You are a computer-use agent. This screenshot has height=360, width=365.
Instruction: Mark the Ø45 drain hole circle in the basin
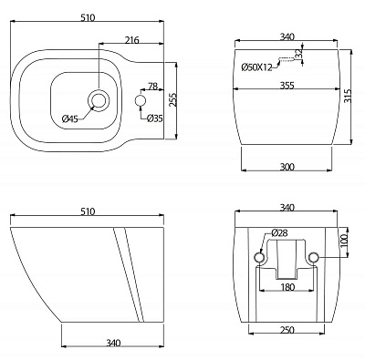click(99, 98)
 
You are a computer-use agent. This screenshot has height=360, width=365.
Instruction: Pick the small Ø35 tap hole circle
click(140, 98)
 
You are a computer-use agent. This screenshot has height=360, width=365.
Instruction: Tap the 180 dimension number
click(287, 287)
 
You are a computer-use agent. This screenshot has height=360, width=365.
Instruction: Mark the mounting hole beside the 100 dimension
click(315, 259)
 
